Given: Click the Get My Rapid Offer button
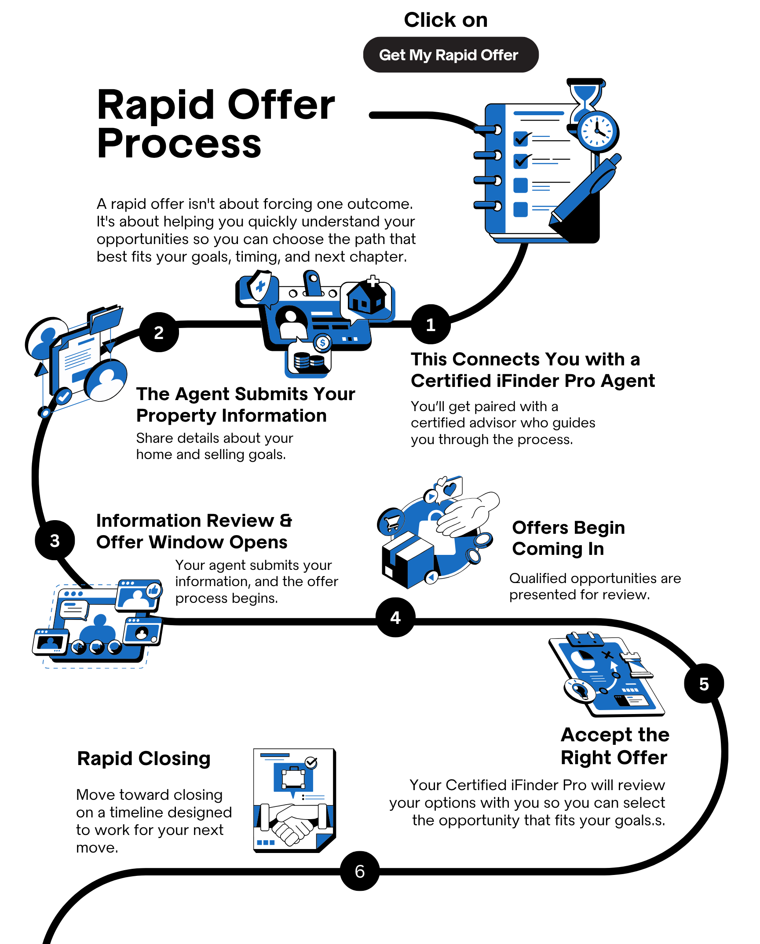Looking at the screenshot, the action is [451, 55].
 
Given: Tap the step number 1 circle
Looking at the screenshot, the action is [431, 324].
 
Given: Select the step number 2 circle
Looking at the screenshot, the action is [159, 332].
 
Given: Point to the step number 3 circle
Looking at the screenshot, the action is [55, 540].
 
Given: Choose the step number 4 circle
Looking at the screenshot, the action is [395, 617].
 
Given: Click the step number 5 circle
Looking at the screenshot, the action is [704, 684].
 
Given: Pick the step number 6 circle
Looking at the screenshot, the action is [360, 871].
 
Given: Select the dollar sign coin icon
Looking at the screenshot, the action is [323, 343].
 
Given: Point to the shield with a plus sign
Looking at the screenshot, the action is [261, 286].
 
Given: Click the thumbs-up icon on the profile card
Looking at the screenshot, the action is [153, 590].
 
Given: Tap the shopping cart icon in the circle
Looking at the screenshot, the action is [391, 522].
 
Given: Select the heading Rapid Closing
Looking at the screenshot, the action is [144, 759].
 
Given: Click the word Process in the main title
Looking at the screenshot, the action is [179, 143].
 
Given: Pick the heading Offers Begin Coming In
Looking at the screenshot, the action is [569, 538].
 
